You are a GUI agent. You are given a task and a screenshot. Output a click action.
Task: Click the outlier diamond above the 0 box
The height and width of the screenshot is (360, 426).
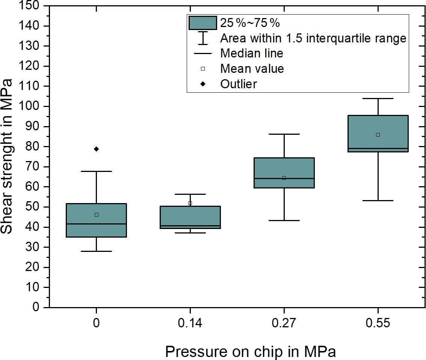click(x=96, y=149)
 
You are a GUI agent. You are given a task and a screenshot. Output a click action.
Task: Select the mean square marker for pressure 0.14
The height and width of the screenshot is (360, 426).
click(x=190, y=203)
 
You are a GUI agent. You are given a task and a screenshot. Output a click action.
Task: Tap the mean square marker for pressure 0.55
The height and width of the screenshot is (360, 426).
click(x=378, y=135)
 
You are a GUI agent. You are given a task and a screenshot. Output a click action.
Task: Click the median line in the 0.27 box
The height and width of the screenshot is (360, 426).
click(x=284, y=178)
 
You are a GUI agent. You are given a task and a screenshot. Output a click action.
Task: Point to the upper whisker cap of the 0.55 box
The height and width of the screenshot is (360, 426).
click(x=378, y=98)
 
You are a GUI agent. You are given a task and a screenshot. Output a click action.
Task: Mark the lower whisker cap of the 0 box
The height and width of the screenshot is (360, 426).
click(x=96, y=251)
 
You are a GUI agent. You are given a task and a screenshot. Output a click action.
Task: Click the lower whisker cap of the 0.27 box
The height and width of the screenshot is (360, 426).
click(x=284, y=220)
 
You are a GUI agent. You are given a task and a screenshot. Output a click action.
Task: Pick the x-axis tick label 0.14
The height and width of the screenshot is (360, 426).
click(x=190, y=323)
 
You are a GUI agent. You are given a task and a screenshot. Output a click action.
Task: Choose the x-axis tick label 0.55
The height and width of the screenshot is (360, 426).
click(x=378, y=323)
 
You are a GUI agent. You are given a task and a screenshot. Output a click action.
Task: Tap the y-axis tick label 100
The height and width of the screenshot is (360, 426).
click(x=32, y=106)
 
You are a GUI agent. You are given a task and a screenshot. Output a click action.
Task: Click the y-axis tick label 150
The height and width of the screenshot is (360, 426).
click(x=32, y=6)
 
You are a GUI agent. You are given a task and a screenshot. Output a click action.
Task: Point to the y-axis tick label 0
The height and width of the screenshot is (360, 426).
click(x=36, y=307)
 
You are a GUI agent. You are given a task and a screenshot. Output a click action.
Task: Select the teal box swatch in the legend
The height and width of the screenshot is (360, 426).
click(x=203, y=23)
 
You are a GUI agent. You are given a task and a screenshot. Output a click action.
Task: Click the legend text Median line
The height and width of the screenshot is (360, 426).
click(x=252, y=53)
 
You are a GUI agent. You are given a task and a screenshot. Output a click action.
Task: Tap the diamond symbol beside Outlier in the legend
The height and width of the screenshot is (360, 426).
click(x=203, y=84)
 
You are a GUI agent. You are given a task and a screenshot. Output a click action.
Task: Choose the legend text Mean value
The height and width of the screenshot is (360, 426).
click(x=252, y=69)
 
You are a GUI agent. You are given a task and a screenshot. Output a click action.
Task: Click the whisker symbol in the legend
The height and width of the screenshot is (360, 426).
click(x=203, y=38)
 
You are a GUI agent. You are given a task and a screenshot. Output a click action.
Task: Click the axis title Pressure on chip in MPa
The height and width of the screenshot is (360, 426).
click(x=250, y=352)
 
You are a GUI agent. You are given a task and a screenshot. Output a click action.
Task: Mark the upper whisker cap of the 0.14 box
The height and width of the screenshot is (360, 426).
click(x=190, y=194)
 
